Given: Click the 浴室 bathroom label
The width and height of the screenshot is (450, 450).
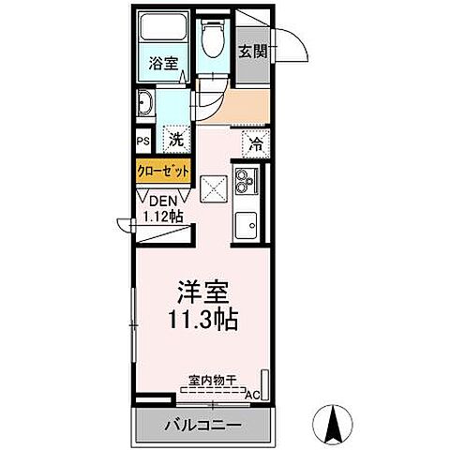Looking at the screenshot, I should coord(164,65).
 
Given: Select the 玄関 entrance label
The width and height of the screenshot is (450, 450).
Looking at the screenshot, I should coord(251,52).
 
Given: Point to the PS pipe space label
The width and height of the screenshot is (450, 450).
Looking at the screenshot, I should coord(143,142).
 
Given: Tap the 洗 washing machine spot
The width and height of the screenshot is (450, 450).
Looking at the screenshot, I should coord(174,142).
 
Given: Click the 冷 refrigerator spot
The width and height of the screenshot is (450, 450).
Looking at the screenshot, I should coord(255,143).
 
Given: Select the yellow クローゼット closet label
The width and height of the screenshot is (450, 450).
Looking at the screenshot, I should coord(164,172).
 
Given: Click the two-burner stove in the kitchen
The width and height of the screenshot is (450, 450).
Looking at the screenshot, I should coord(247,180).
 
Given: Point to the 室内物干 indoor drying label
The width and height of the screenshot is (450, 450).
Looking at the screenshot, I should coord(211,380).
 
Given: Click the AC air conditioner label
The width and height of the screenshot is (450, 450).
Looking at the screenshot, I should coord(252,395).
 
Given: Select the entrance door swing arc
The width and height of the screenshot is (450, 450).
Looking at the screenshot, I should coord(294,45).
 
